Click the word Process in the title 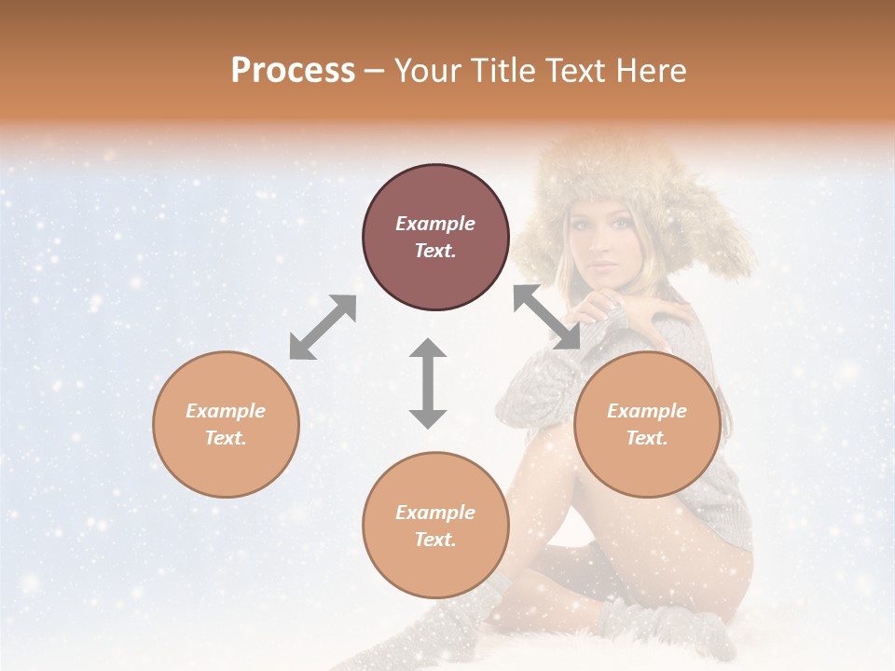point(293,71)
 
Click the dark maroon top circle point(435,237)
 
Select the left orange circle point(226,424)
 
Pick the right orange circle point(647,424)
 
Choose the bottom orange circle point(435,525)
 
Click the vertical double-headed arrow point(428,383)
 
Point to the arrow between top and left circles point(323,327)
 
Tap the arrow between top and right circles point(547,317)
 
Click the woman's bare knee point(545,447)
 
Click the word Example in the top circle point(435,224)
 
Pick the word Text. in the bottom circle point(435,540)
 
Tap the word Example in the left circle point(226,411)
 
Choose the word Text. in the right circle point(647,438)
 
